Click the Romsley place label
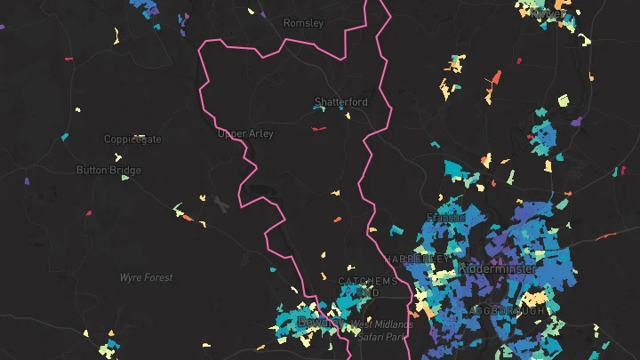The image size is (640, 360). click(303, 23)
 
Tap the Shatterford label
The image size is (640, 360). click(340, 102)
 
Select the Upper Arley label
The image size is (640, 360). click(242, 134)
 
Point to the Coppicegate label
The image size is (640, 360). click(132, 140)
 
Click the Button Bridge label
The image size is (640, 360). click(108, 170)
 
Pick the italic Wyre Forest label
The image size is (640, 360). click(147, 277)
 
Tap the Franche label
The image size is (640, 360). click(446, 218)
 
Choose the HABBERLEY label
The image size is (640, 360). click(416, 258)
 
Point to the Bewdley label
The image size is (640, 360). click(316, 321)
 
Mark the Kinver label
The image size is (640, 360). click(547, 13)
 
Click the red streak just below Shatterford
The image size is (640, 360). click(319, 129)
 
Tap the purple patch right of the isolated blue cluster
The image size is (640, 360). click(576, 121)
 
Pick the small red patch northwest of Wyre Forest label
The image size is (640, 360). click(89, 212)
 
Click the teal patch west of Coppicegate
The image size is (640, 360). click(64, 137)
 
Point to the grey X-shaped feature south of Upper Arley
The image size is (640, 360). click(220, 204)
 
